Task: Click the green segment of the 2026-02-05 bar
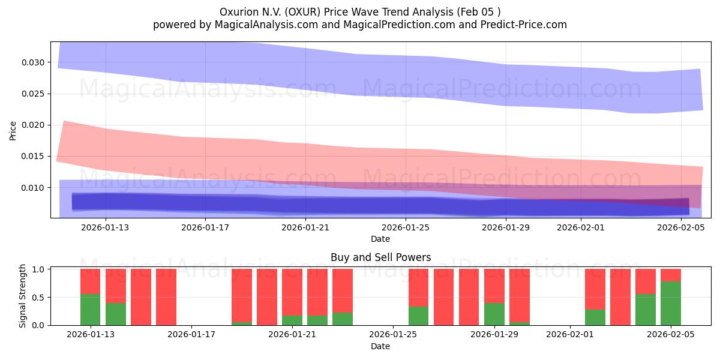670,303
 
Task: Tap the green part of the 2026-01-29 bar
494,314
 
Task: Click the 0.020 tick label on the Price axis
32,125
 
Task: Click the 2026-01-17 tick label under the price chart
205,227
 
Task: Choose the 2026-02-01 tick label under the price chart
581,227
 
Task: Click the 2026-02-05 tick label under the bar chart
670,335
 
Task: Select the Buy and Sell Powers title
380,258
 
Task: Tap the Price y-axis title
13,130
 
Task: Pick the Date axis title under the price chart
380,239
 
